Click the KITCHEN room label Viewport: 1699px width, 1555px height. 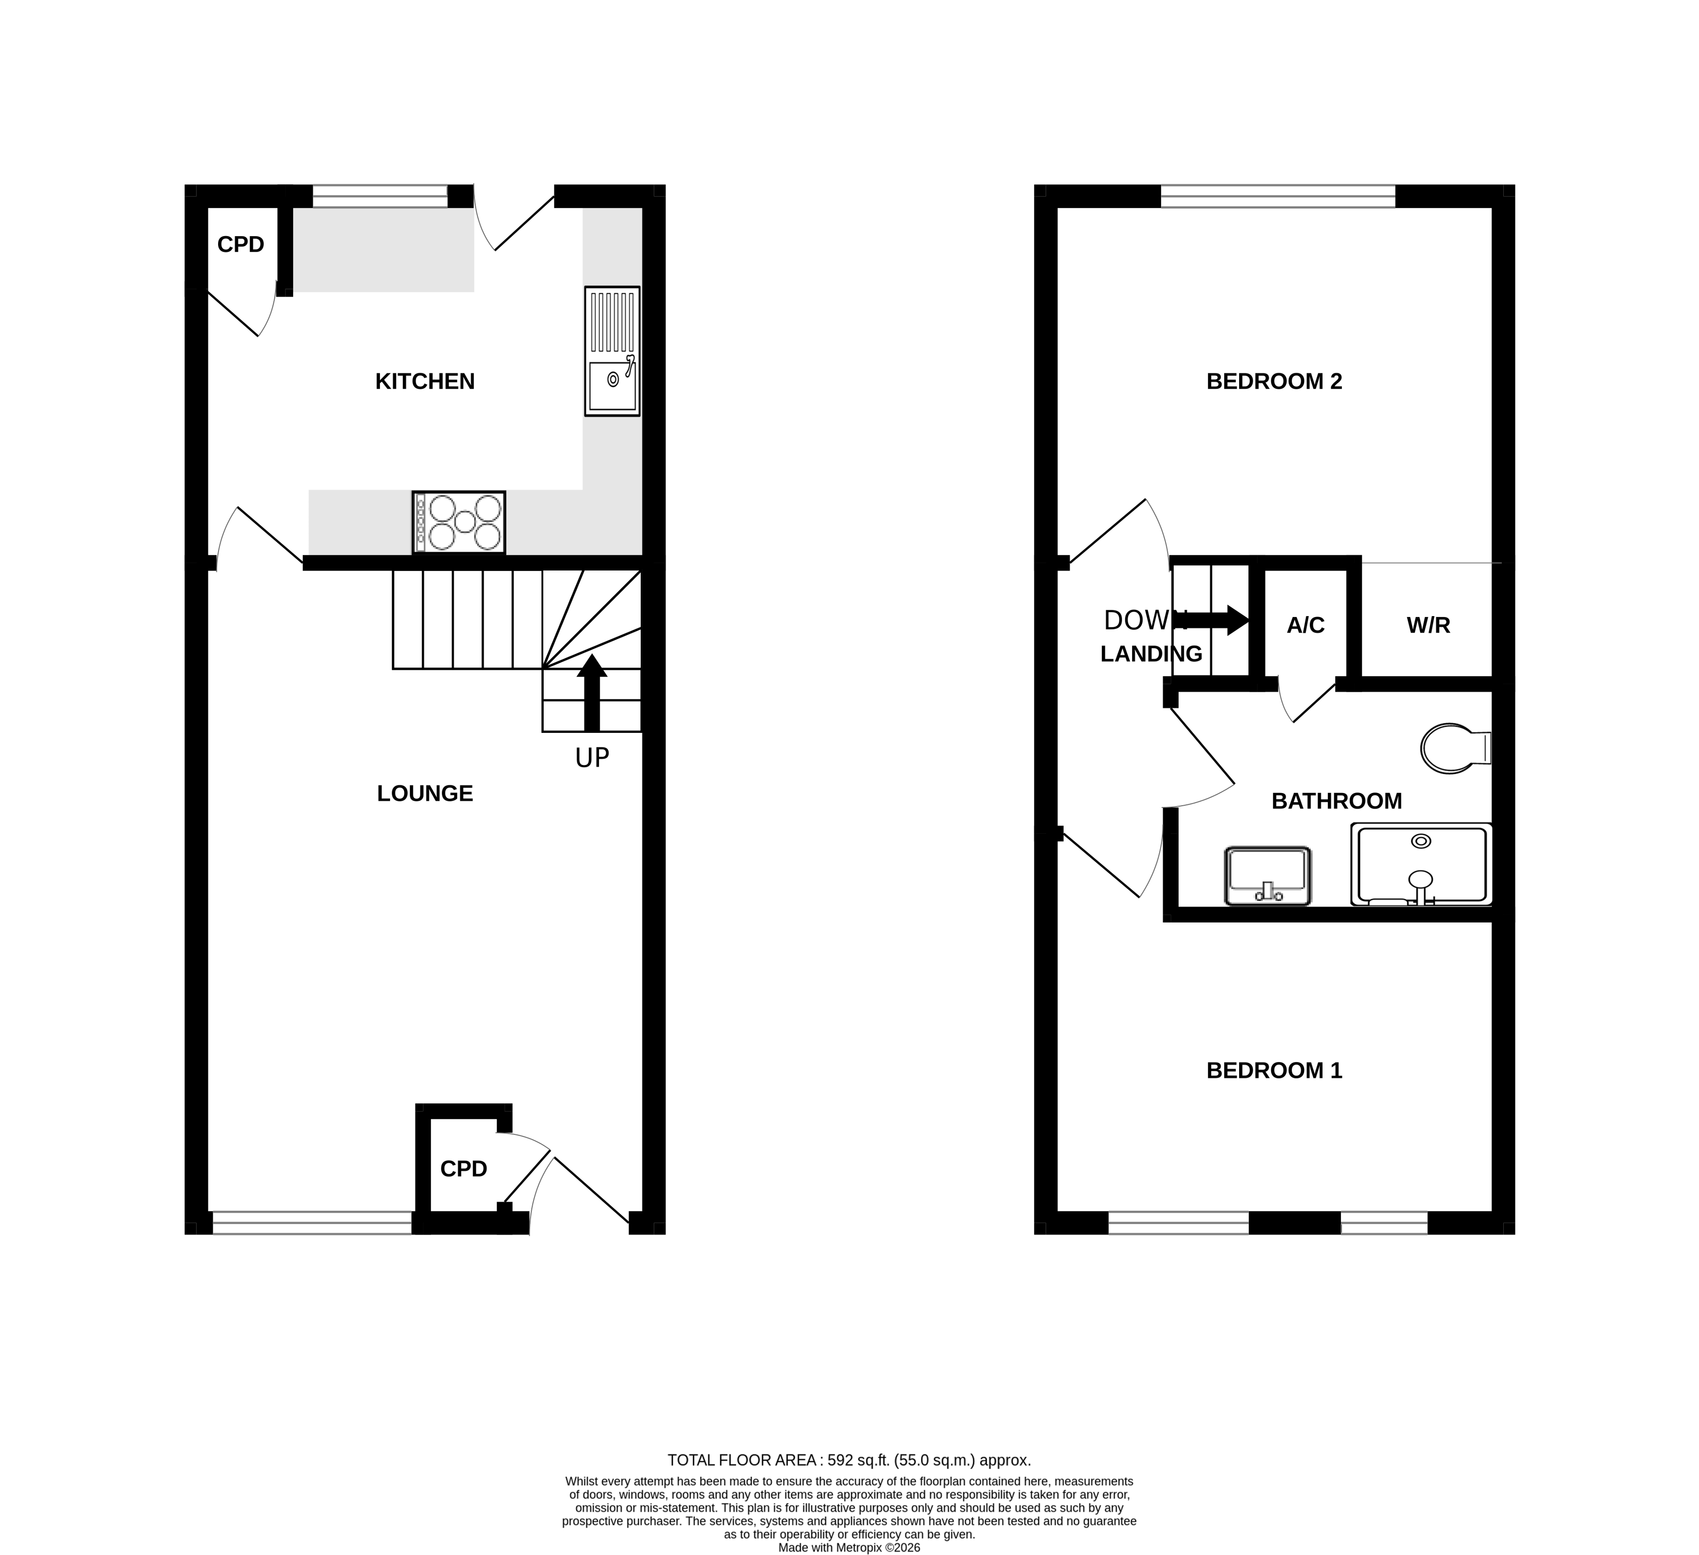[x=425, y=382]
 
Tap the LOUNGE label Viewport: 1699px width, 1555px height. [x=425, y=794]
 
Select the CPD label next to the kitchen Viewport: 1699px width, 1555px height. [x=241, y=244]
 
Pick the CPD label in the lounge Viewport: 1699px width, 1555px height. [x=463, y=1169]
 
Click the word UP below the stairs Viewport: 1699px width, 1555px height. [x=592, y=759]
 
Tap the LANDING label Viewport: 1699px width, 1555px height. [x=1151, y=654]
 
